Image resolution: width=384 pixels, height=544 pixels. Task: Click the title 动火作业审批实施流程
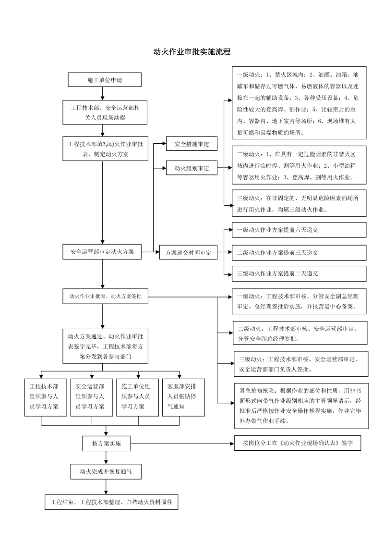pyautogui.click(x=192, y=52)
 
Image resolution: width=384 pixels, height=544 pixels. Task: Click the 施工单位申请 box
pyautogui.click(x=105, y=80)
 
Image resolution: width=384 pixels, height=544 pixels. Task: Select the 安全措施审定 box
pyautogui.click(x=192, y=144)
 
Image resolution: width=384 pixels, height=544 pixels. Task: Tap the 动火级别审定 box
pyautogui.click(x=192, y=168)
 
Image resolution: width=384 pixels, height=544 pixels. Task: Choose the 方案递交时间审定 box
pyautogui.click(x=188, y=253)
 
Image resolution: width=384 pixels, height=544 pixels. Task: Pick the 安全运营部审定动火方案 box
pyautogui.click(x=102, y=251)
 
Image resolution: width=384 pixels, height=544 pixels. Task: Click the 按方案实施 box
pyautogui.click(x=107, y=444)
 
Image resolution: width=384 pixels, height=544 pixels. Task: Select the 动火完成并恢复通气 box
pyautogui.click(x=106, y=471)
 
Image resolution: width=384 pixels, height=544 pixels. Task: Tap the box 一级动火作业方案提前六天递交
pyautogui.click(x=299, y=230)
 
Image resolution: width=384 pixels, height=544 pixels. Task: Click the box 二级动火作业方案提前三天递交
pyautogui.click(x=299, y=253)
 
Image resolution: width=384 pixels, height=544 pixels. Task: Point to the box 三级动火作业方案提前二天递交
pyautogui.click(x=299, y=273)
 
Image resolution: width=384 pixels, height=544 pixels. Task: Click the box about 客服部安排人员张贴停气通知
pyautogui.click(x=184, y=397)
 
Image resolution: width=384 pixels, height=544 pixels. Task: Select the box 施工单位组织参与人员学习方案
pyautogui.click(x=138, y=397)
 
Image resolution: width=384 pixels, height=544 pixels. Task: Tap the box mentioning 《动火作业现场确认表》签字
pyautogui.click(x=298, y=443)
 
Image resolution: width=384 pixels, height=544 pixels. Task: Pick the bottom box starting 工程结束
pyautogui.click(x=111, y=502)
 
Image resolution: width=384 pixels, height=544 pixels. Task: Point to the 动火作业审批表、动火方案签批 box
pyautogui.click(x=105, y=297)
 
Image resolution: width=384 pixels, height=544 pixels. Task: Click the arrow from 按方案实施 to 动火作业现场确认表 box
pyautogui.click(x=183, y=444)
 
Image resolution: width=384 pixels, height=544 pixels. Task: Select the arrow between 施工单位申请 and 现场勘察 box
pyautogui.click(x=103, y=93)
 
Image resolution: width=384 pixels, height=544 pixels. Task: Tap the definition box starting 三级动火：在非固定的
pyautogui.click(x=299, y=203)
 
